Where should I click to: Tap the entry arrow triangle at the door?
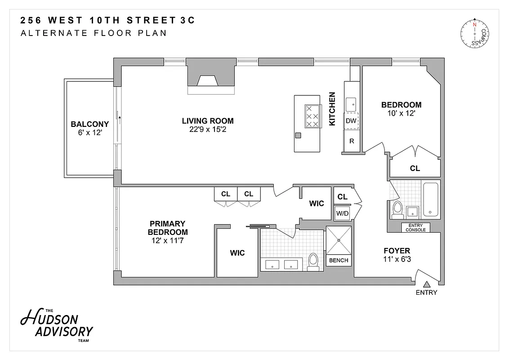coord(426,283)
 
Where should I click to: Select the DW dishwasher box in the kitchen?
coord(351,121)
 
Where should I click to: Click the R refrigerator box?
coord(352,141)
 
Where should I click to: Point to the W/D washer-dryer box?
coord(343,213)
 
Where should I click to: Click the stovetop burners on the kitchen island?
coord(312,117)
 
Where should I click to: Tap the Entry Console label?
coord(415,228)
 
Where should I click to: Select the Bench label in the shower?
coord(339,260)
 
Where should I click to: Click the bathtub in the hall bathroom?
coord(431,199)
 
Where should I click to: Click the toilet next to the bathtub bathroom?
coord(397,209)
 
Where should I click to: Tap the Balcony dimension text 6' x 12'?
coord(90,133)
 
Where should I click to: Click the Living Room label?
coord(208,121)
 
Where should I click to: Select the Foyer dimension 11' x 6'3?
coord(397,259)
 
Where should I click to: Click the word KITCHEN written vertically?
coord(332,109)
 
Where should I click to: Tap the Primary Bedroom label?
coord(168,228)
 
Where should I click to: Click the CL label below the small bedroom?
coord(415,168)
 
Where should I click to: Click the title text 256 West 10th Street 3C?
coord(108,21)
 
